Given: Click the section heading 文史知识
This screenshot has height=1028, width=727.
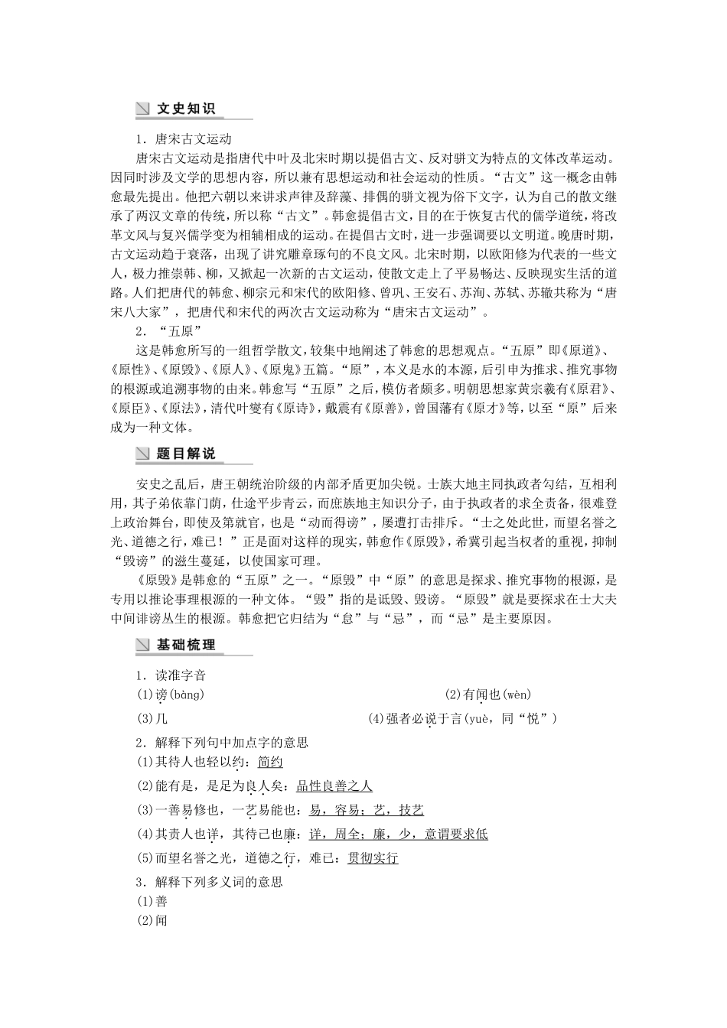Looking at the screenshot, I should pyautogui.click(x=186, y=109).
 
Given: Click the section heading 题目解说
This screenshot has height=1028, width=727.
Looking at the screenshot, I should pyautogui.click(x=186, y=454).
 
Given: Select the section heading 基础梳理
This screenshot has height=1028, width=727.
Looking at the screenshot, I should pyautogui.click(x=186, y=645).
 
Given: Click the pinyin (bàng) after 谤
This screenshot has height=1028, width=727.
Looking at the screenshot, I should pyautogui.click(x=186, y=695).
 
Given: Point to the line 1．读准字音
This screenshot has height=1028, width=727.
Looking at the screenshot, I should pyautogui.click(x=171, y=675).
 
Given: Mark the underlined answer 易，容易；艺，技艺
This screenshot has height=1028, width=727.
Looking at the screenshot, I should pyautogui.click(x=366, y=810).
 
